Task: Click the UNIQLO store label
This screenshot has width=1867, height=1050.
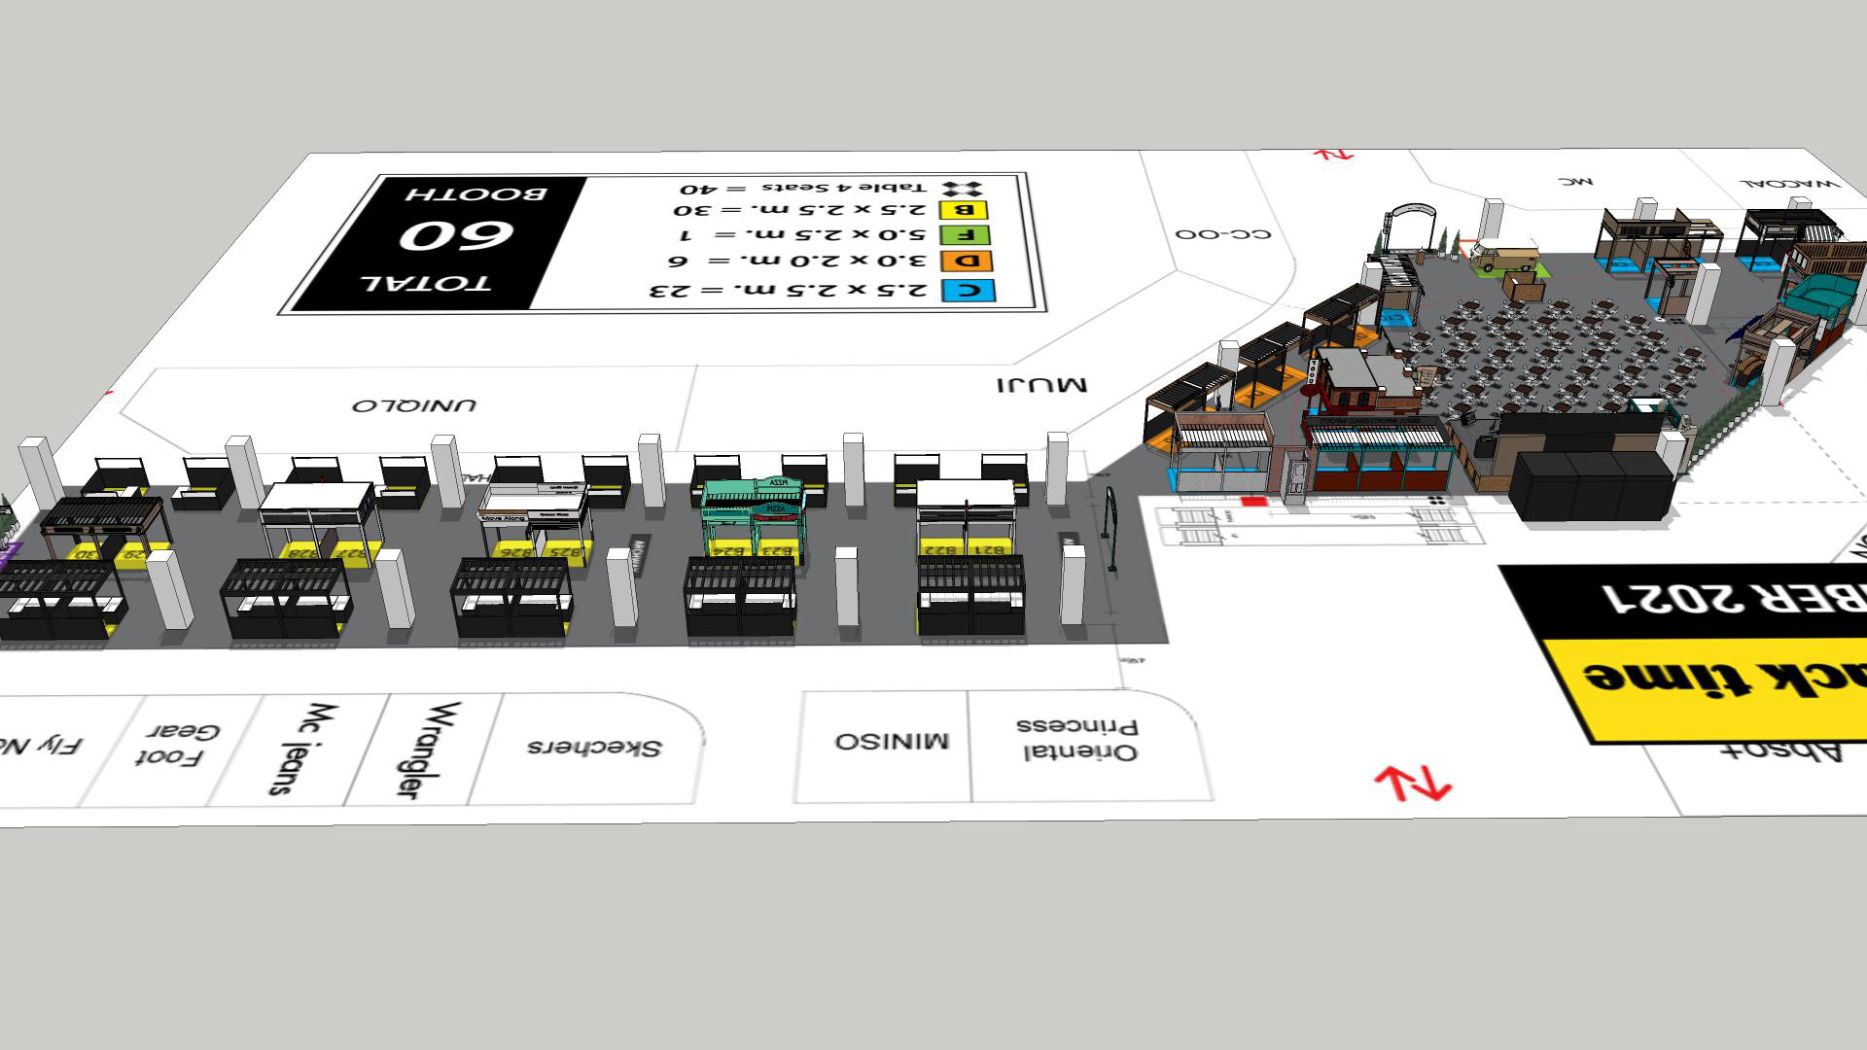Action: click(x=414, y=404)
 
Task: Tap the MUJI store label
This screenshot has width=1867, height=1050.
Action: click(x=1041, y=385)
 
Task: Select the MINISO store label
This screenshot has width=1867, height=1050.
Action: click(x=891, y=741)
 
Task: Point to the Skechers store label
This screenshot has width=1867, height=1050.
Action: click(x=593, y=747)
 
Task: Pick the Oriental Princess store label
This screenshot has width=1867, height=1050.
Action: click(x=1077, y=739)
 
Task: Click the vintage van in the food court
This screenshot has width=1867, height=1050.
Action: click(x=1503, y=256)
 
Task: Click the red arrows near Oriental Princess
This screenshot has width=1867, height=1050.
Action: click(x=1412, y=783)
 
